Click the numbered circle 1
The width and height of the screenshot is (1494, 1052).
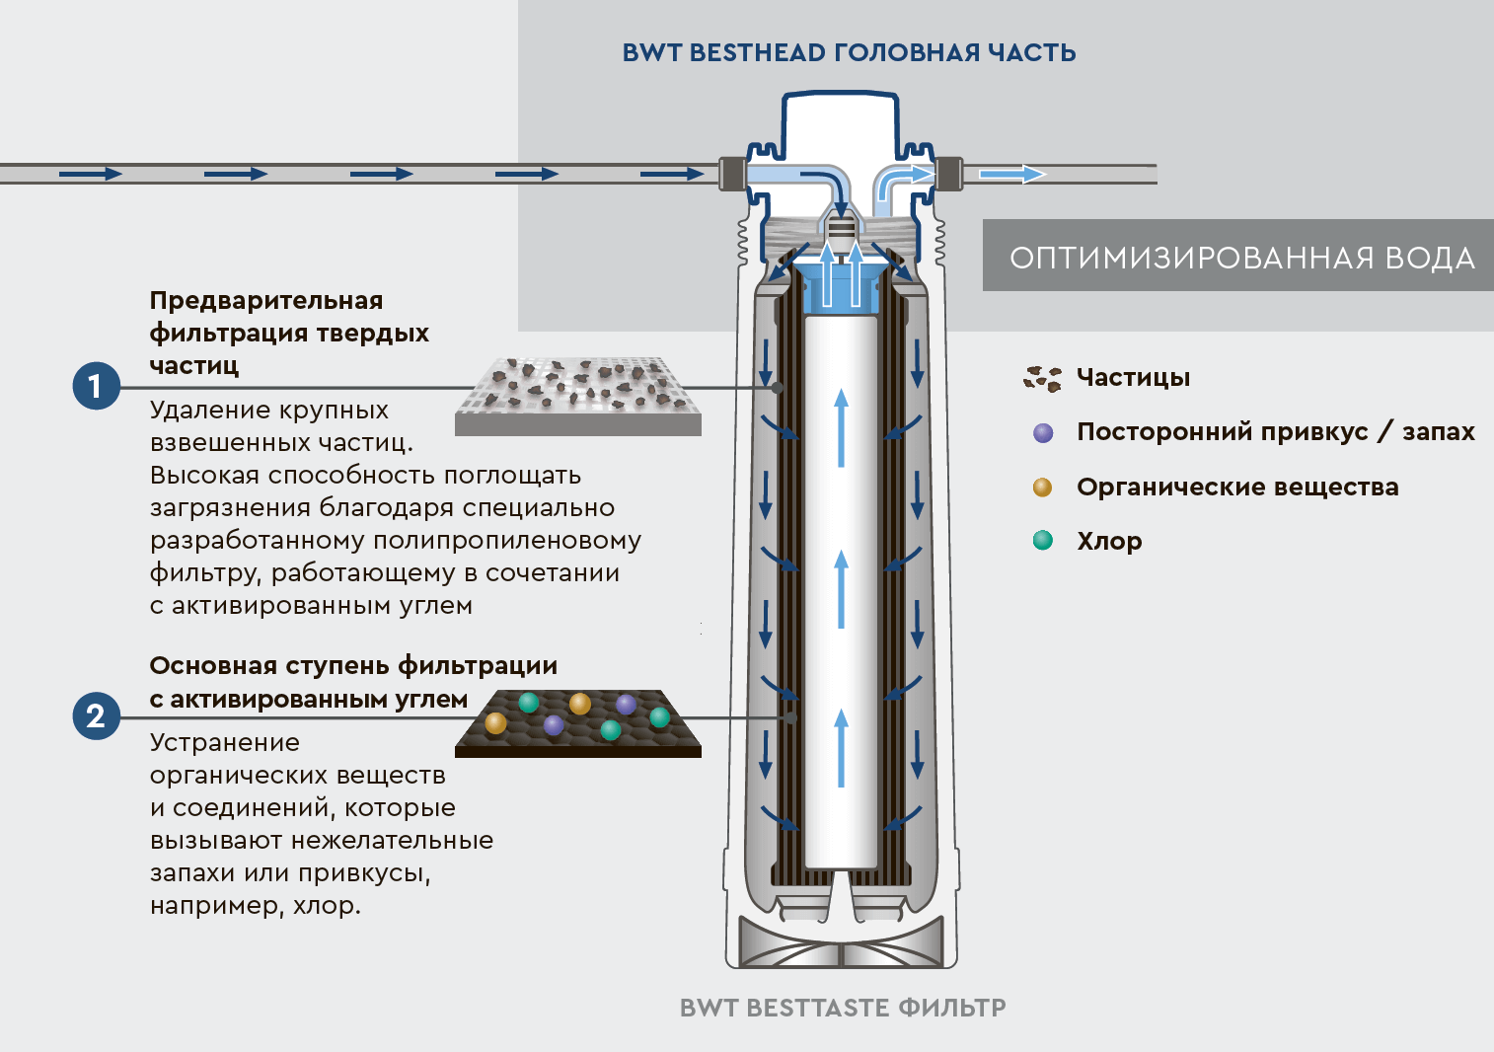[96, 386]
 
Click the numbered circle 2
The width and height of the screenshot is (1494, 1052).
[96, 715]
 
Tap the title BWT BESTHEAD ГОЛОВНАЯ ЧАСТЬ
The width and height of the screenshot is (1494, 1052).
[849, 53]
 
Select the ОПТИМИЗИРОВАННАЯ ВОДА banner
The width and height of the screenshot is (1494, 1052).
[1239, 257]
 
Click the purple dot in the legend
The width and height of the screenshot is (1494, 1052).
[1043, 432]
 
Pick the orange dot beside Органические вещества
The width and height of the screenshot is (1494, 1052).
[1042, 488]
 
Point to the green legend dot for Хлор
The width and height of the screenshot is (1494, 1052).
[1042, 541]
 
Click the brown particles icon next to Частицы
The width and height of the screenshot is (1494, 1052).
[1042, 378]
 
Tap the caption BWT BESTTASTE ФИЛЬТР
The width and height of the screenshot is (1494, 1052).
[843, 1008]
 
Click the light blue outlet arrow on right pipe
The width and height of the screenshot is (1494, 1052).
[1011, 175]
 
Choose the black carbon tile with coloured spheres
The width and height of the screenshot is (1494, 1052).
[578, 723]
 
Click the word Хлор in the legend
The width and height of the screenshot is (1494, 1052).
[1109, 542]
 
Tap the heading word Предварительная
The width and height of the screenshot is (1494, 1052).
[266, 300]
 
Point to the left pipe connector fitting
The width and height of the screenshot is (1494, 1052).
[731, 174]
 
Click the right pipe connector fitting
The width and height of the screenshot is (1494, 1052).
[949, 174]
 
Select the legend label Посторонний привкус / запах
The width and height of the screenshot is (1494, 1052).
[1275, 432]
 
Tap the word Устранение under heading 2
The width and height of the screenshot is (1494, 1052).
[225, 743]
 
